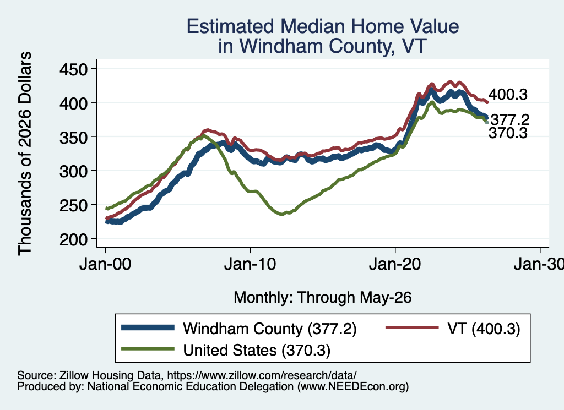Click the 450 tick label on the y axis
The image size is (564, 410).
(x=73, y=69)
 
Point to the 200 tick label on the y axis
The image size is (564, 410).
(x=73, y=240)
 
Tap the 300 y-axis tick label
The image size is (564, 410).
(x=73, y=171)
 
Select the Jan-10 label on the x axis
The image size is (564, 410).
(x=250, y=265)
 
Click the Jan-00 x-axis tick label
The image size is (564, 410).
(x=105, y=265)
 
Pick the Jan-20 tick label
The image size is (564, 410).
(x=395, y=265)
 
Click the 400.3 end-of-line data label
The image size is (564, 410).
(x=508, y=95)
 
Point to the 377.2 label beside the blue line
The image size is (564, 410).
(x=510, y=119)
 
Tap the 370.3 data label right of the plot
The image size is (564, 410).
(x=508, y=133)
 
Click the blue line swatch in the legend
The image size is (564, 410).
(x=148, y=327)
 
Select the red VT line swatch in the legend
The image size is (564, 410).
(x=412, y=327)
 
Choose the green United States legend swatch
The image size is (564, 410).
(x=148, y=349)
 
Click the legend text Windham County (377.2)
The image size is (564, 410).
(x=270, y=329)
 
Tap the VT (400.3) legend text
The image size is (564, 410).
(x=484, y=329)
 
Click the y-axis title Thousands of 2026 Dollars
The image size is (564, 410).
(x=25, y=154)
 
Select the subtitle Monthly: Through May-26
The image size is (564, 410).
(x=323, y=298)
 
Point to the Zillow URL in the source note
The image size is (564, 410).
(x=262, y=375)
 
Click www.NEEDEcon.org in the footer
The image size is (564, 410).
(x=353, y=387)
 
